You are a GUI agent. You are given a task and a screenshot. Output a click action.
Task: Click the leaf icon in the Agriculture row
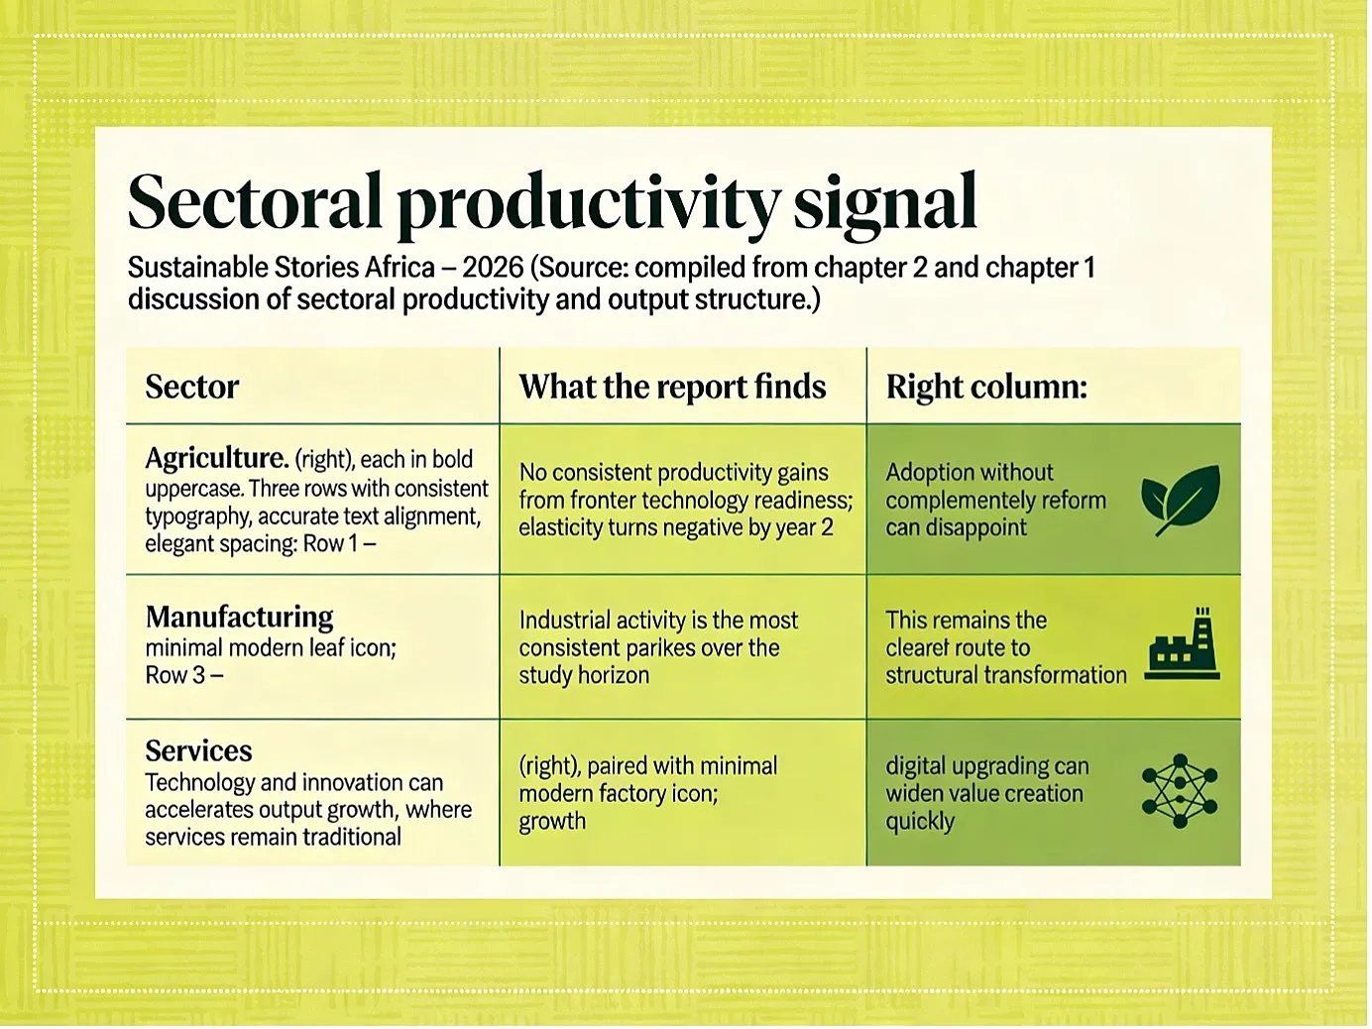pyautogui.click(x=1180, y=500)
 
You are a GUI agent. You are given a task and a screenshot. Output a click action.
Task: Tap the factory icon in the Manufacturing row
pyautogui.click(x=1182, y=643)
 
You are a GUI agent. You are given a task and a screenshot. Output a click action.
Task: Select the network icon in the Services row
pyautogui.click(x=1180, y=791)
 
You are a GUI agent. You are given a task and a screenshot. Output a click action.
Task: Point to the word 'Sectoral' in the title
pyautogui.click(x=255, y=201)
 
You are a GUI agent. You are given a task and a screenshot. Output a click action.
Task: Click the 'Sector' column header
pyautogui.click(x=192, y=387)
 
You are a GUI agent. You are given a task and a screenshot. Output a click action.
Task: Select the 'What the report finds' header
pyautogui.click(x=672, y=387)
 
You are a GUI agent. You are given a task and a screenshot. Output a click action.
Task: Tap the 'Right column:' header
pyautogui.click(x=986, y=387)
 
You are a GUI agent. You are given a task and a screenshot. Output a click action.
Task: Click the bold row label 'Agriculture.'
pyautogui.click(x=216, y=459)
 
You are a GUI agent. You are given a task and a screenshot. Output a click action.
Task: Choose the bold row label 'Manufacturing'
pyautogui.click(x=239, y=618)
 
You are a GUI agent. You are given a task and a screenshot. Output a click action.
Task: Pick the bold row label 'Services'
pyautogui.click(x=199, y=750)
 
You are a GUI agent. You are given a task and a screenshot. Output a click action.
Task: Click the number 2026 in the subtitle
pyautogui.click(x=493, y=268)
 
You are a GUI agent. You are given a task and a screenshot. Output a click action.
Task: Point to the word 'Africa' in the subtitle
pyautogui.click(x=400, y=268)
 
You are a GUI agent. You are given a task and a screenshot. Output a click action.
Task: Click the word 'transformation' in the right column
pyautogui.click(x=1055, y=675)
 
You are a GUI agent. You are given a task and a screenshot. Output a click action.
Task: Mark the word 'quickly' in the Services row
pyautogui.click(x=920, y=822)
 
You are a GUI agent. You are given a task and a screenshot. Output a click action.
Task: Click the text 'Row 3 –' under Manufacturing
pyautogui.click(x=183, y=675)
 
